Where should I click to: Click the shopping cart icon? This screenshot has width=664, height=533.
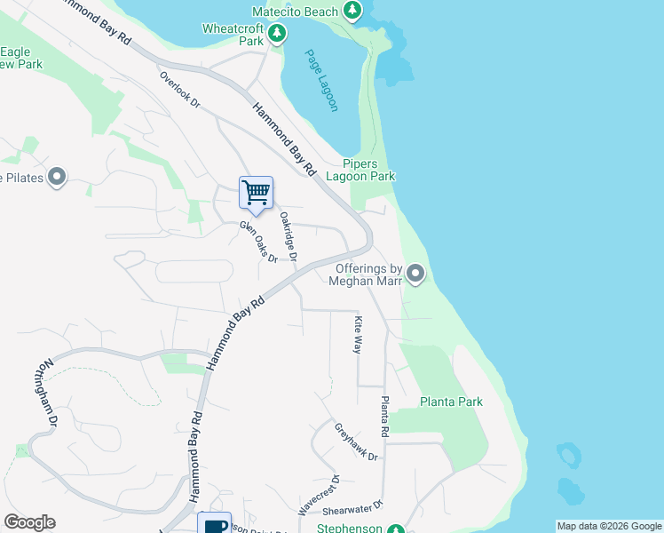[256, 192]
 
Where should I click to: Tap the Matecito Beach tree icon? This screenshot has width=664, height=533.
[353, 12]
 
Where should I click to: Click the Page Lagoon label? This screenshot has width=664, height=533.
[321, 80]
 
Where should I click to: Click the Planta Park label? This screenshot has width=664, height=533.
[451, 402]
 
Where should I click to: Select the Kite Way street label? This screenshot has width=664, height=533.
[359, 335]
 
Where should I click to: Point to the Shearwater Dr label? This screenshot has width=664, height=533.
[352, 508]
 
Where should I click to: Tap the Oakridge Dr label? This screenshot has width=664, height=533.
[288, 235]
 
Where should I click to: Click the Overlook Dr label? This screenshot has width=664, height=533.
[179, 90]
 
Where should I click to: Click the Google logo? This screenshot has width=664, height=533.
[29, 522]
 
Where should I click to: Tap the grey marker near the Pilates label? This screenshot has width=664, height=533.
[58, 178]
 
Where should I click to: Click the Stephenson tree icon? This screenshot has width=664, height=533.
[396, 529]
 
